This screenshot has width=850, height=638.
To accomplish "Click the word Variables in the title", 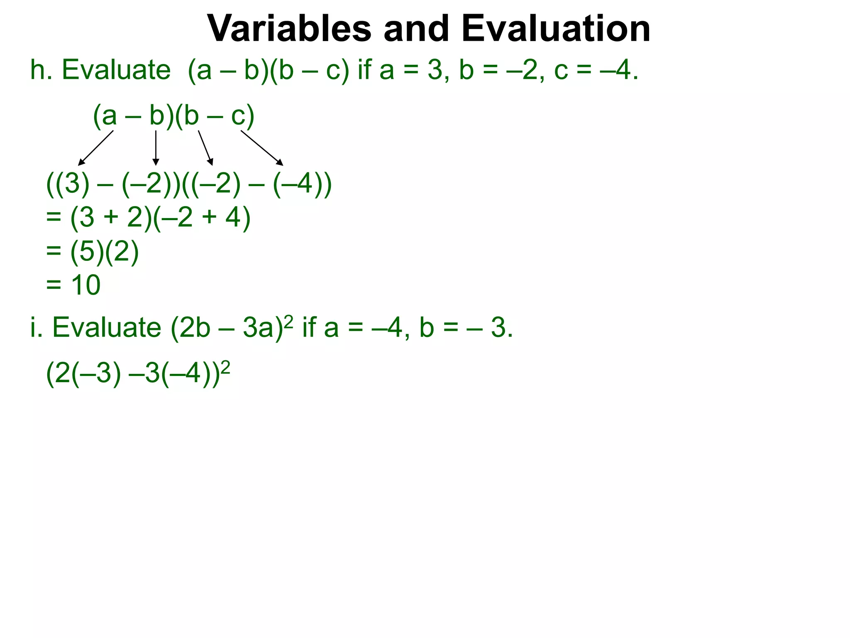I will coord(289,29).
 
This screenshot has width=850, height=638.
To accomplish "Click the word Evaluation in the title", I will coord(556,29).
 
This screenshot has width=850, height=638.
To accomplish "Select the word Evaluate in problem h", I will coord(116,70).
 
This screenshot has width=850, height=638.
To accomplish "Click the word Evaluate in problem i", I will coord(107,327).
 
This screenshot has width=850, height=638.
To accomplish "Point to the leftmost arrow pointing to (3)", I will coord(96,148).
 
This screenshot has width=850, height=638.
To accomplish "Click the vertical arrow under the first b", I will coord(156,148).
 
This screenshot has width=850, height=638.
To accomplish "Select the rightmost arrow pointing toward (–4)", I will coord(262,148).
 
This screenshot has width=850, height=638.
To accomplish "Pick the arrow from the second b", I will coord(205,148).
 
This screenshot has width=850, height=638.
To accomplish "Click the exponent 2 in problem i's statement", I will coord(289,320).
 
